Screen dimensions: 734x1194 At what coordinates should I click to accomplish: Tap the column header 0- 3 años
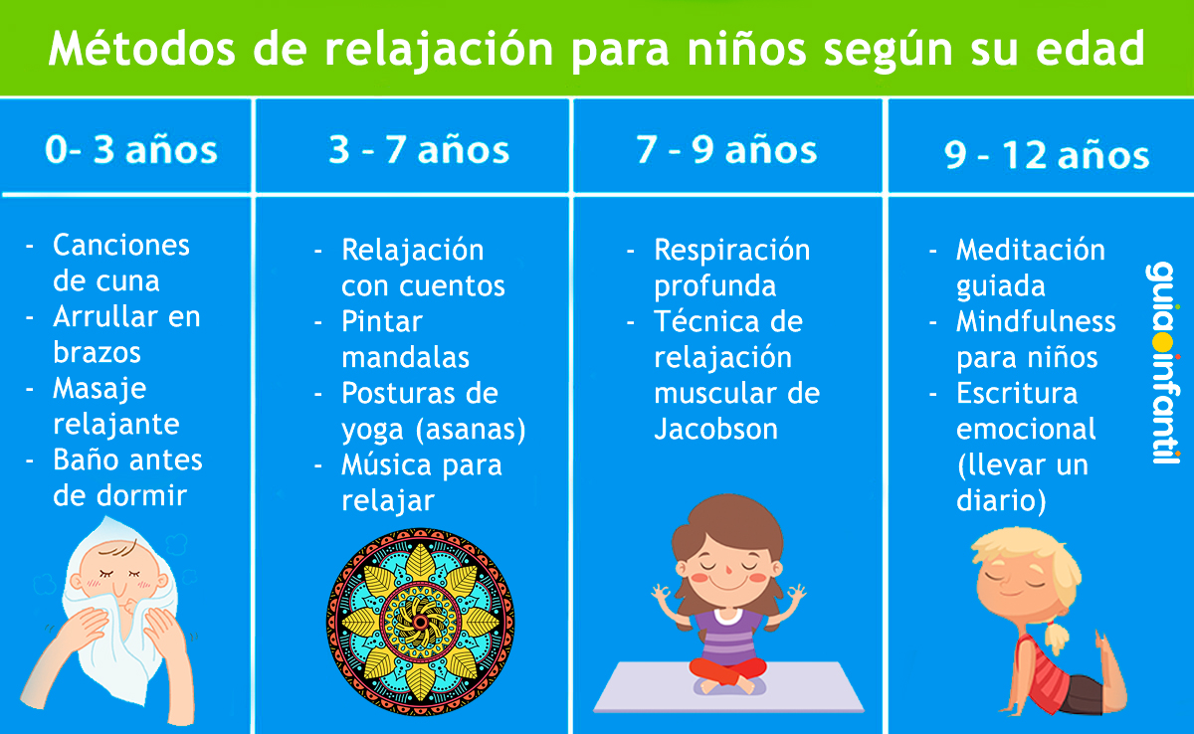click(130, 149)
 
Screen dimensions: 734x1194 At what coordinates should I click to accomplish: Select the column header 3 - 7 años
click(419, 150)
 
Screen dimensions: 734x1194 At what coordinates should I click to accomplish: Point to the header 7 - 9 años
click(726, 150)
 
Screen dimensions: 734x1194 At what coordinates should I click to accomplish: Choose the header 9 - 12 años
click(1046, 155)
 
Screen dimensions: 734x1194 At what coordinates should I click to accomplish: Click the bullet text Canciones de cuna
click(120, 263)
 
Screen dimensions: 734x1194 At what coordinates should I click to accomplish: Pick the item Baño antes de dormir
click(126, 477)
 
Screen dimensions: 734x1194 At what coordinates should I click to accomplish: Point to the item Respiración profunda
click(731, 268)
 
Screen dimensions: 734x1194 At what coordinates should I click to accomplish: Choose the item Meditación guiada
click(1030, 268)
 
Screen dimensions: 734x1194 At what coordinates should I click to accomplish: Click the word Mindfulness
click(1036, 321)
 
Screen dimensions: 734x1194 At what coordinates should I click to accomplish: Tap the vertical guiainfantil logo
click(1160, 362)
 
